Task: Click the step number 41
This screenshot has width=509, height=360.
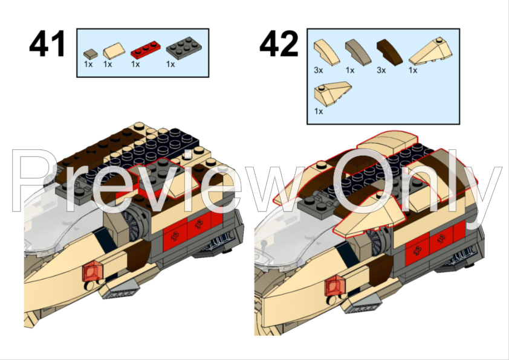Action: click(x=48, y=45)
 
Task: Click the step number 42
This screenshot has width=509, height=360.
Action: click(x=279, y=45)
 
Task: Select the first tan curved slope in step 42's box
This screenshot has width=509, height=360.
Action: click(x=323, y=51)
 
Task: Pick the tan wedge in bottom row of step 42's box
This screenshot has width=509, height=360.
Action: click(x=332, y=95)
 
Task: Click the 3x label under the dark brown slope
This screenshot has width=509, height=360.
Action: click(x=381, y=71)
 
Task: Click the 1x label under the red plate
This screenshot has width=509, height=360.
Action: click(x=136, y=64)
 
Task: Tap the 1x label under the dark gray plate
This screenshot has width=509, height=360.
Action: click(x=170, y=64)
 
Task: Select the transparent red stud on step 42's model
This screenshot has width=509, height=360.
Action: click(x=334, y=284)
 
